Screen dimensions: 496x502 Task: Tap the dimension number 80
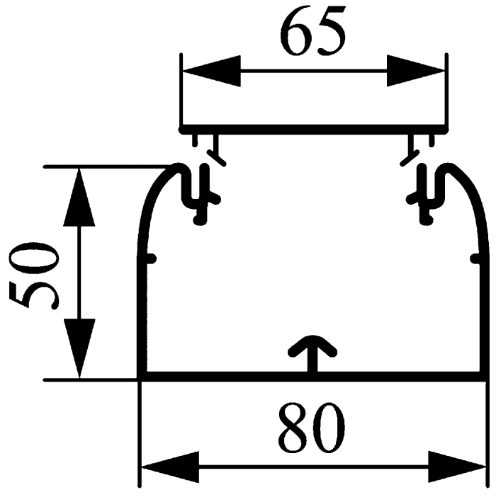pyautogui.click(x=312, y=428)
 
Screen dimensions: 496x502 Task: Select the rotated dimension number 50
pyautogui.click(x=34, y=275)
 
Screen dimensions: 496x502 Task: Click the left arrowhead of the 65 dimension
pyautogui.click(x=211, y=71)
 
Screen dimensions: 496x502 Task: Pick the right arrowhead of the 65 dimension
pyautogui.click(x=416, y=71)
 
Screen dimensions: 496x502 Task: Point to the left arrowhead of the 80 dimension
pyautogui.click(x=170, y=467)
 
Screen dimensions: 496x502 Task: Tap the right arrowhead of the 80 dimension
pyautogui.click(x=457, y=467)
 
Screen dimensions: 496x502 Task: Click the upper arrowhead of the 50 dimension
pyautogui.click(x=79, y=197)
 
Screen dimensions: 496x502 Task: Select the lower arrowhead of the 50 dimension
pyautogui.click(x=79, y=348)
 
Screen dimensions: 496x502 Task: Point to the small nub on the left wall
pyautogui.click(x=151, y=258)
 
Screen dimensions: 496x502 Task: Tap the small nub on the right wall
pyautogui.click(x=475, y=258)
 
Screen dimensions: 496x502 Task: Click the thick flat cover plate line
pyautogui.click(x=313, y=130)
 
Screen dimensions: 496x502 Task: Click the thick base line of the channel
pyautogui.click(x=312, y=377)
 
